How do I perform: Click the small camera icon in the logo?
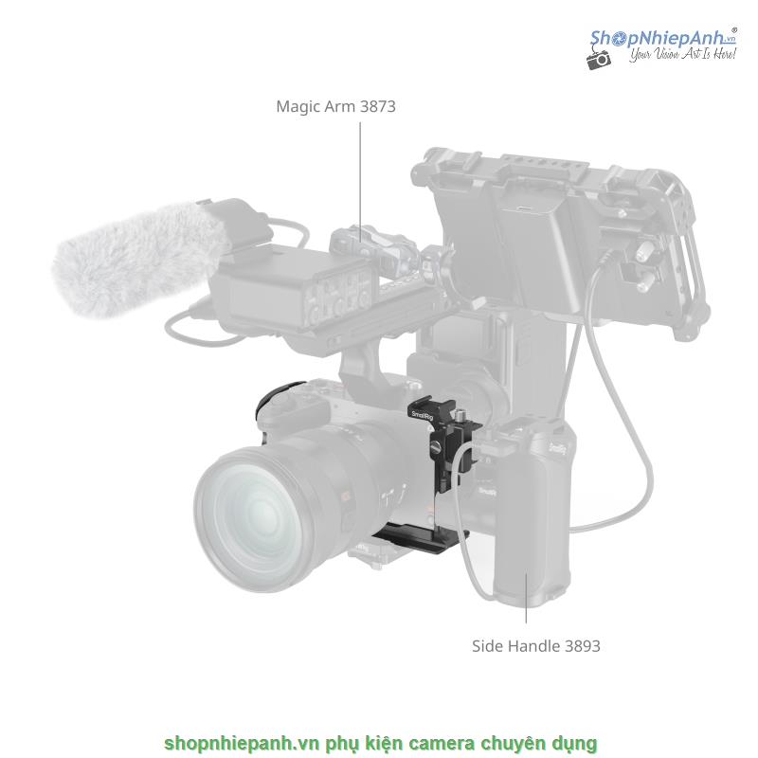point(599,59)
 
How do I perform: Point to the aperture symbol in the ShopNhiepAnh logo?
point(617,40)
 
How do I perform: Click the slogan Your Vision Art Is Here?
point(682,54)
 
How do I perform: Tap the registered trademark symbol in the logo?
point(733,30)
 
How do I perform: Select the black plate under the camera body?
point(420,537)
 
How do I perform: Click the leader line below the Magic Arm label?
point(360,181)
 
